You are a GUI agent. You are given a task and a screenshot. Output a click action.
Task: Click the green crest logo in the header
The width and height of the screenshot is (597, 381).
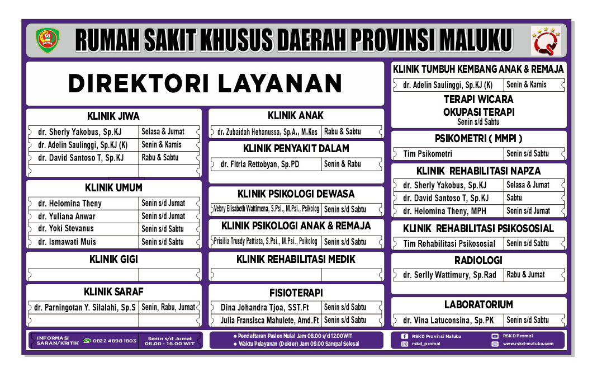pyautogui.click(x=48, y=40)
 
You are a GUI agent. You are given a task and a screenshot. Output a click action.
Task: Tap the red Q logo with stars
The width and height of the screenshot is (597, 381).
pyautogui.click(x=545, y=41)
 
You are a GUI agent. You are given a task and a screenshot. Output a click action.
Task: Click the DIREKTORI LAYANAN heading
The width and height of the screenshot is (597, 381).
pyautogui.click(x=205, y=84)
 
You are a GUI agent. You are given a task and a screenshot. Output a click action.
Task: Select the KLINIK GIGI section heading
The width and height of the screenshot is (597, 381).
pyautogui.click(x=113, y=260)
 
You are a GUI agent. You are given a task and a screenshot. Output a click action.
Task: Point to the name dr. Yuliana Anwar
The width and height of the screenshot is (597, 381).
pyautogui.click(x=67, y=216)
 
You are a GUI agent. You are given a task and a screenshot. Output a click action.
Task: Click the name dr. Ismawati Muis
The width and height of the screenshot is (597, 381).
pyautogui.click(x=67, y=242)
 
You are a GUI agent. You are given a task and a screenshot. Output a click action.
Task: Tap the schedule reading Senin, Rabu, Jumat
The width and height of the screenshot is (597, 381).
pyautogui.click(x=168, y=307)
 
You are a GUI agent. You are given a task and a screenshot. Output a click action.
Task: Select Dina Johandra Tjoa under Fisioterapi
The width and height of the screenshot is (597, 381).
pyautogui.click(x=260, y=307)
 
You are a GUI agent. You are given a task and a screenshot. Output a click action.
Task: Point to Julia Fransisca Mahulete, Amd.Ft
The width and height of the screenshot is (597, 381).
pyautogui.click(x=266, y=321)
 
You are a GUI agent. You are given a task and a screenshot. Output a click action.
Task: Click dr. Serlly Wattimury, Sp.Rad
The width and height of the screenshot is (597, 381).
pyautogui.click(x=449, y=275)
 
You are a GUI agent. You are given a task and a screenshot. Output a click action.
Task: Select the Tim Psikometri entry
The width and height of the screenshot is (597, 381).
pyautogui.click(x=428, y=153)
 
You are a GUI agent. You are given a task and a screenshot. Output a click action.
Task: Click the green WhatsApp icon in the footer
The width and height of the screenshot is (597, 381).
pyautogui.click(x=87, y=340)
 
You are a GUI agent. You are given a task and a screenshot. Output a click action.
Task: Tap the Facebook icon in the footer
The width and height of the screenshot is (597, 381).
pyautogui.click(x=405, y=336)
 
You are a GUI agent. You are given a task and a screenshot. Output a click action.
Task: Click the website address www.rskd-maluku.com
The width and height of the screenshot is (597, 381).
pyautogui.click(x=528, y=344)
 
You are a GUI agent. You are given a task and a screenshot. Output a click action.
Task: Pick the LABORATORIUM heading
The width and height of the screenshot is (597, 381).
pyautogui.click(x=478, y=305)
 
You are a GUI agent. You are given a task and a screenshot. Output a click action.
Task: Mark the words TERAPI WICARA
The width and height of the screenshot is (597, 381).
pyautogui.click(x=478, y=99)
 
